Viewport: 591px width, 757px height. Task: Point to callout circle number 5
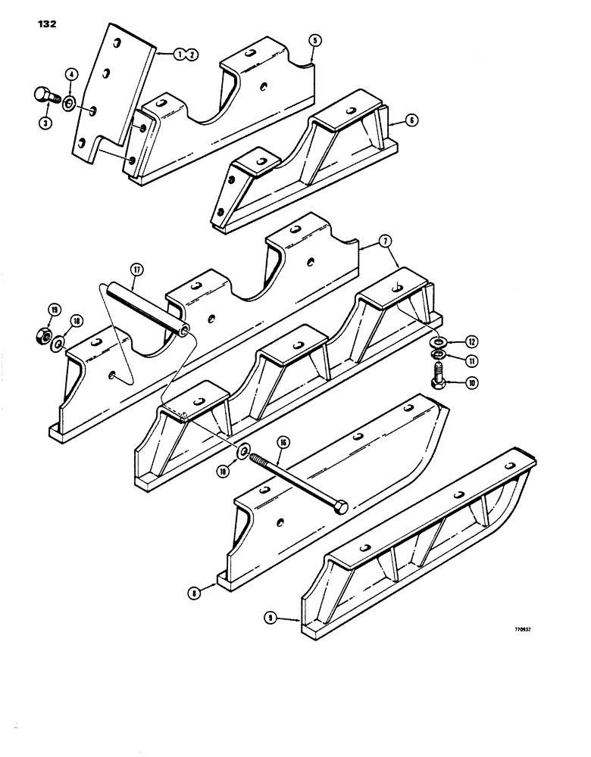coord(314,41)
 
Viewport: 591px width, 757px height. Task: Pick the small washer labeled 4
coord(69,102)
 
